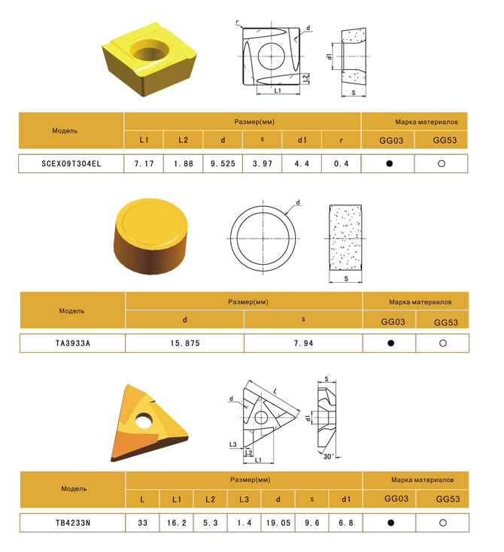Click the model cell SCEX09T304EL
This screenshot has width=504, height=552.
pos(71,164)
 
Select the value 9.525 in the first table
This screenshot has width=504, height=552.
pos(223,164)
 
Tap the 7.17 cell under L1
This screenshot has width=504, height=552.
pos(144,164)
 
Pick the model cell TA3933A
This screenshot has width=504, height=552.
pos(72,343)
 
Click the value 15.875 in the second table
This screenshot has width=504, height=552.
pos(185,343)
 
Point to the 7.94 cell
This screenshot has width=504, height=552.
pos(303,343)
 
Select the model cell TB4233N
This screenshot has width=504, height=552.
pos(73,523)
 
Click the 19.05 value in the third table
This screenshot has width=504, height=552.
pos(278,523)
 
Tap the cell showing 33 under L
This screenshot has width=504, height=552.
pos(143,523)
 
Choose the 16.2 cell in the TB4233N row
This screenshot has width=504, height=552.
pos(177,523)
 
